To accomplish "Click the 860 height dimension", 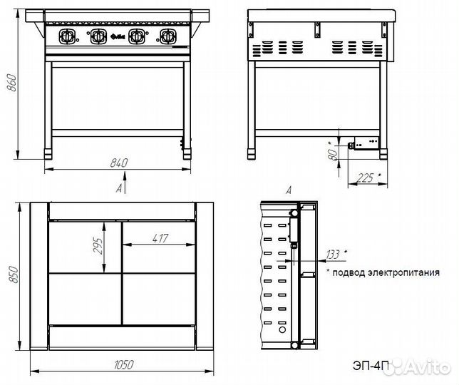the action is click(x=11, y=83).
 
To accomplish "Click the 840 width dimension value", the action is click(x=119, y=163).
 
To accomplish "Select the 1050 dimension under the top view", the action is click(x=123, y=365).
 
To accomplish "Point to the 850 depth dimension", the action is click(x=13, y=275).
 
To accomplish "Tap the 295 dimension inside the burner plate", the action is click(x=98, y=246).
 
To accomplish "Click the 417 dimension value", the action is click(x=160, y=238).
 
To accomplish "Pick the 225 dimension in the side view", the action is click(x=366, y=178).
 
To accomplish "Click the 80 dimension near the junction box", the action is click(x=332, y=154).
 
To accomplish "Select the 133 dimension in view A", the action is click(x=333, y=255).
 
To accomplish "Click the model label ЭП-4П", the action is click(x=371, y=366).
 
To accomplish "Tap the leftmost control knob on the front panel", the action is click(x=66, y=36).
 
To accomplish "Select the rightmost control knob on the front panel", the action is click(x=167, y=36).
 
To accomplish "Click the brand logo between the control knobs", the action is click(x=118, y=37).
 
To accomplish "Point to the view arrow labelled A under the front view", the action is click(x=125, y=183).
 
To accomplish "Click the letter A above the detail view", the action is click(x=289, y=190).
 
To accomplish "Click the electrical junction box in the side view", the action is click(x=366, y=143).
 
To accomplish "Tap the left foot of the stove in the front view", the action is click(x=48, y=154).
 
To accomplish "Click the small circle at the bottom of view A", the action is click(x=282, y=330).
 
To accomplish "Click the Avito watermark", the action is click(x=420, y=366).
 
